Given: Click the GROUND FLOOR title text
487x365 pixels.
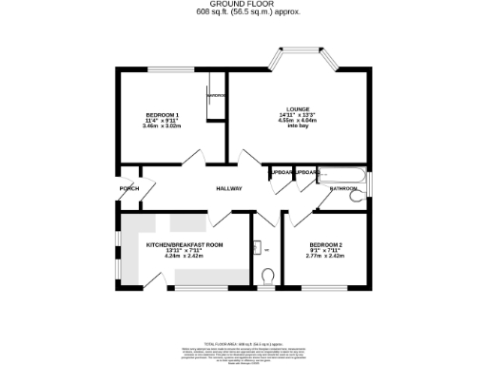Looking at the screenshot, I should click(243, 5).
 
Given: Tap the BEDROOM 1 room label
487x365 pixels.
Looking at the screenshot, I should click(162, 116).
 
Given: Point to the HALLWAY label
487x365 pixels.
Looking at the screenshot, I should click(228, 188).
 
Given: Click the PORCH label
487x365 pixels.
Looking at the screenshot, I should click(129, 188).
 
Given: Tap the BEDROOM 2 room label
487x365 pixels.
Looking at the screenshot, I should click(324, 244).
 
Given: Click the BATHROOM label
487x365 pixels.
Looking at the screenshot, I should click(343, 189).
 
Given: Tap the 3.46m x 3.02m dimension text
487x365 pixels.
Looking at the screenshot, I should click(162, 127).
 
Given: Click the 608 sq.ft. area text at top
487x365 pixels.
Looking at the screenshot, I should click(243, 13).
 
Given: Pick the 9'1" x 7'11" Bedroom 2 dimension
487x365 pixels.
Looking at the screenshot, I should click(324, 251).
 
